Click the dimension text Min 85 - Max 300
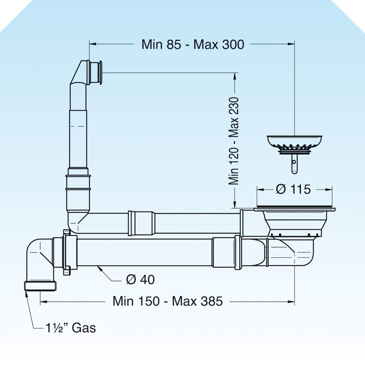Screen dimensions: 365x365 pyautogui.click(x=193, y=45)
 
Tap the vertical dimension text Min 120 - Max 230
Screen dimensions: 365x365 pyautogui.click(x=233, y=141)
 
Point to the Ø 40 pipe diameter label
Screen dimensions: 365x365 pyautogui.click(x=140, y=280)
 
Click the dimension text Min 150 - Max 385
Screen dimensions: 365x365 pyautogui.click(x=168, y=301)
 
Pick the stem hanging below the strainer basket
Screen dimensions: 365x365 pyautogui.click(x=294, y=164)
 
